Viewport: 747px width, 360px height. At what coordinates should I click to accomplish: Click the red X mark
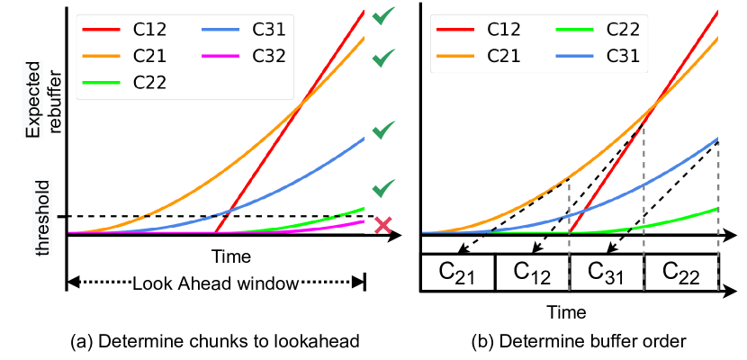click(383, 225)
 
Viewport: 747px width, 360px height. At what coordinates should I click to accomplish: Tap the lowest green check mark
click(383, 187)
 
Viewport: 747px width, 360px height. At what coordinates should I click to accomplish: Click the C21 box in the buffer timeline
click(459, 273)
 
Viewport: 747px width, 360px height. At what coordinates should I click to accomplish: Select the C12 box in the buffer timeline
click(533, 273)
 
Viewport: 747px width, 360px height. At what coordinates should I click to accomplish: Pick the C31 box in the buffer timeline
click(607, 273)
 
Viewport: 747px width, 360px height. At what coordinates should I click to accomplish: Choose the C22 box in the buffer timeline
click(681, 273)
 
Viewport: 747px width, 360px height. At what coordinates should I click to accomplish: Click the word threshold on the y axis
click(43, 215)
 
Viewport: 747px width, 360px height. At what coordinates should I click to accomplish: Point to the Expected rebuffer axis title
click(43, 106)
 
